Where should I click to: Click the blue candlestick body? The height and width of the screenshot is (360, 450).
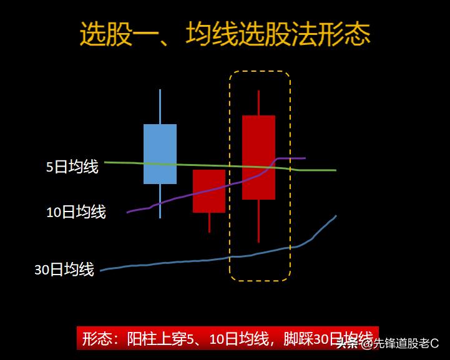[160, 153]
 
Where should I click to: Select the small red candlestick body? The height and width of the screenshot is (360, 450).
[208, 191]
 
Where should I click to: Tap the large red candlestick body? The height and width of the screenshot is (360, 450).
[258, 157]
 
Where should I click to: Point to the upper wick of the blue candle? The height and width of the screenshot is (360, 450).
[160, 107]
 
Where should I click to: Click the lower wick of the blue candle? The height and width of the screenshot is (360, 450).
[160, 201]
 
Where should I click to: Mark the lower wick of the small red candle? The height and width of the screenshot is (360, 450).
[209, 222]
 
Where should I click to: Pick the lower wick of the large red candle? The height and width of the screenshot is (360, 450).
[258, 221]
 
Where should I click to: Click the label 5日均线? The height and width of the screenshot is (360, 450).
[72, 167]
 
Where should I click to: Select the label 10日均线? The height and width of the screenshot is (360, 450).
[76, 212]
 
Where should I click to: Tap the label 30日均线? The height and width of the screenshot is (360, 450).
[64, 270]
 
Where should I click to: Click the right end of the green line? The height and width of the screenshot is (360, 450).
[334, 170]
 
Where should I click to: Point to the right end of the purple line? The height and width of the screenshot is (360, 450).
[303, 158]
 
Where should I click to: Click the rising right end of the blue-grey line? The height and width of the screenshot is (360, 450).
[335, 217]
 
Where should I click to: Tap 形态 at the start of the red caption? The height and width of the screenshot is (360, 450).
[97, 339]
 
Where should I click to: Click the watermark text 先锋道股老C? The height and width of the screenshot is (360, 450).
[406, 343]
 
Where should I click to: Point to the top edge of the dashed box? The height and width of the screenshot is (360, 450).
[259, 72]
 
